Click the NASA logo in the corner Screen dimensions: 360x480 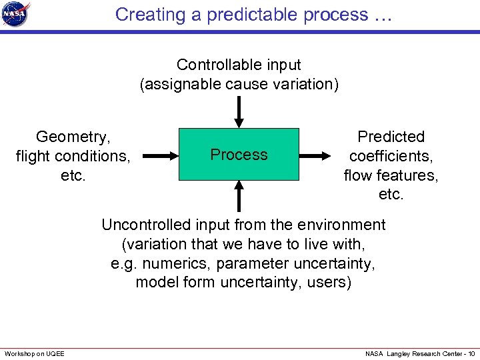[17, 14]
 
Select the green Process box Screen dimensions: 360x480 [239, 155]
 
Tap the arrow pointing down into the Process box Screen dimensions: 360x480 [239, 112]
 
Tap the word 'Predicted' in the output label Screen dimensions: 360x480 [391, 137]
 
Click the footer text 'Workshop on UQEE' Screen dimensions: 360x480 [35, 353]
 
